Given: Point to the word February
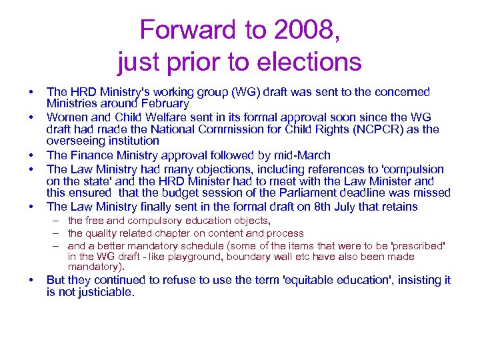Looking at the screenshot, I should (163, 104).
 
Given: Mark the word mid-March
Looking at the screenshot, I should (299, 155).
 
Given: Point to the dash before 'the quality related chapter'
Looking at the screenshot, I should (57, 233).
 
